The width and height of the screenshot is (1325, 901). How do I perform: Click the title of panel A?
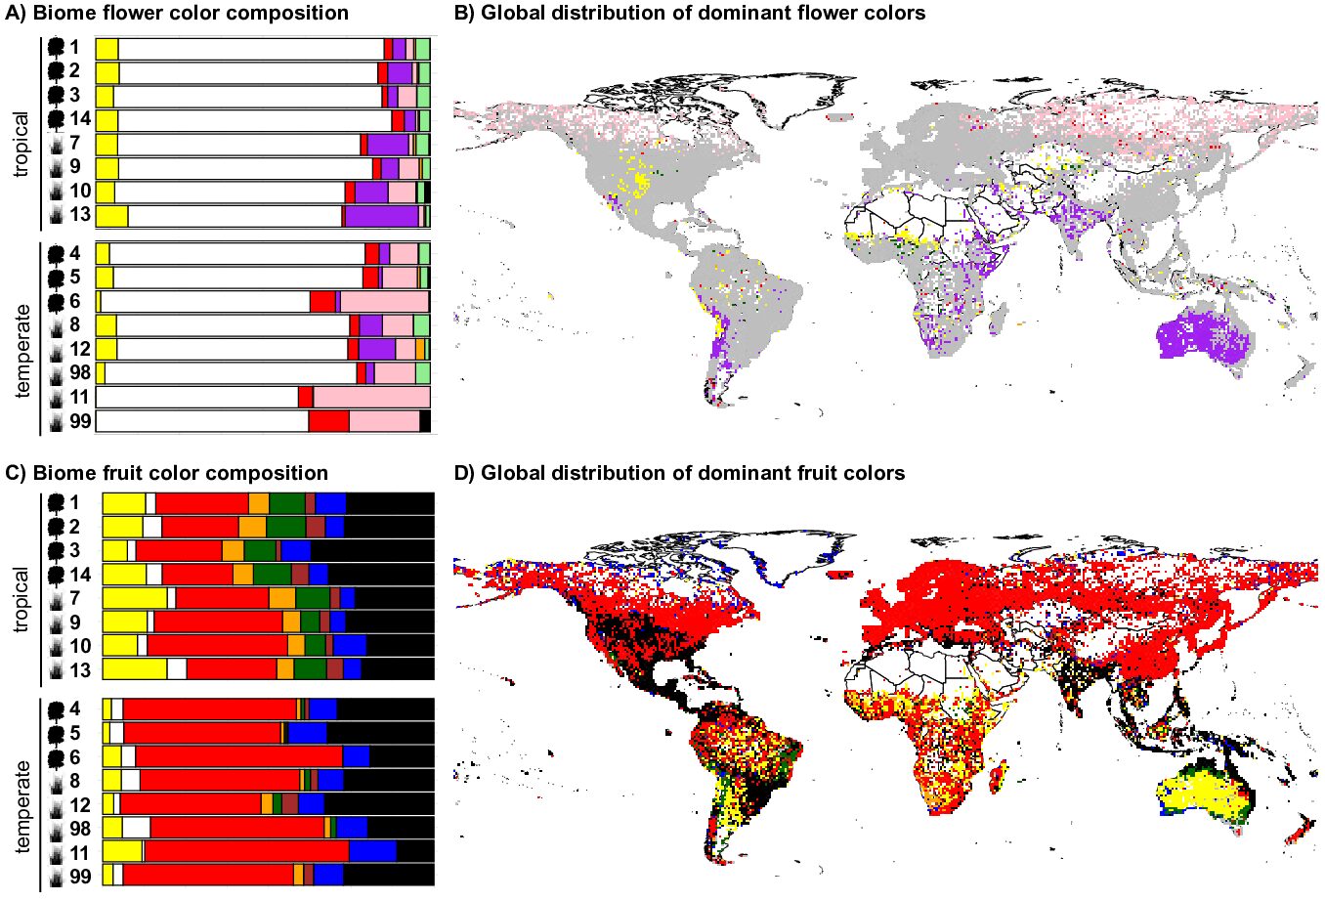click(177, 13)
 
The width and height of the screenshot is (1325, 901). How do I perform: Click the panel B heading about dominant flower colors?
click(690, 13)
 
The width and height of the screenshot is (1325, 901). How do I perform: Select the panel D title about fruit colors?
click(679, 474)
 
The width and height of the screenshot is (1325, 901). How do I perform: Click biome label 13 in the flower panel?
click(79, 215)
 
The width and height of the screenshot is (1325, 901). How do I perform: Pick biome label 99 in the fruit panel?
click(79, 876)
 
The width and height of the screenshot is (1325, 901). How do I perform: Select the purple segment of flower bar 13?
click(381, 216)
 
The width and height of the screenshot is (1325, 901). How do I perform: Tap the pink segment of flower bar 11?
click(371, 397)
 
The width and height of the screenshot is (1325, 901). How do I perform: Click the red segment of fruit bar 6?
click(238, 756)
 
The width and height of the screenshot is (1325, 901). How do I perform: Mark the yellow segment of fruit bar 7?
click(135, 598)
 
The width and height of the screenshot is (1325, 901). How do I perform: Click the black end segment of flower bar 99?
click(425, 421)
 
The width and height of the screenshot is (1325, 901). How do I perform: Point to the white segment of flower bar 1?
click(250, 49)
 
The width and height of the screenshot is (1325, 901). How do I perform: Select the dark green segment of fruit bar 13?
click(310, 669)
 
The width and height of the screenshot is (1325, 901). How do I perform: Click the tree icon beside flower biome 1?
click(57, 47)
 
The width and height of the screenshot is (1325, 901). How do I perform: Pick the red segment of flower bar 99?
click(328, 421)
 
